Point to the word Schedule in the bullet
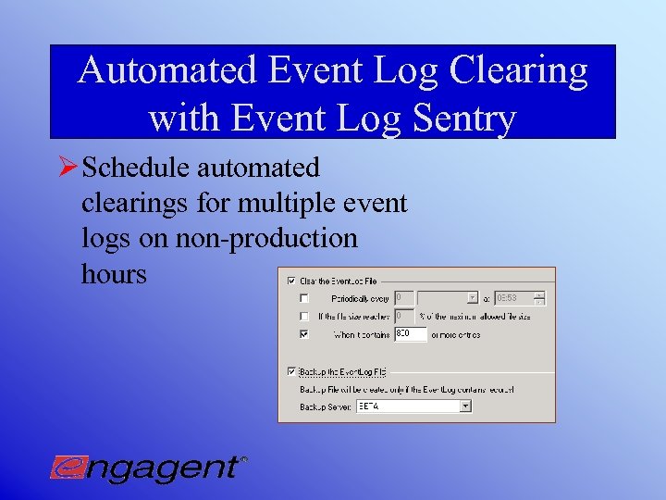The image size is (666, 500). [x=137, y=169]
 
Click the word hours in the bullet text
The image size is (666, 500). [x=114, y=273]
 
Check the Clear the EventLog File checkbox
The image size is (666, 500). [x=292, y=281]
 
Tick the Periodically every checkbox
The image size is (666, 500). [x=304, y=298]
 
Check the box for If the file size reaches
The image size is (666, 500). [x=304, y=316]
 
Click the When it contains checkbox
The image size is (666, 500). [x=304, y=333]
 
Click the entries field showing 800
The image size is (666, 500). [x=410, y=333]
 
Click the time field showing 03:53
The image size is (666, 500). [x=513, y=298]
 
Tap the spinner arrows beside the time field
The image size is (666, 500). [x=540, y=298]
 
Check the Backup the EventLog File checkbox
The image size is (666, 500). [x=292, y=371]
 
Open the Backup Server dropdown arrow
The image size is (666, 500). [x=465, y=406]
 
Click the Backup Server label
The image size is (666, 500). [x=324, y=406]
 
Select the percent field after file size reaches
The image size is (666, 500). [x=404, y=316]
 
